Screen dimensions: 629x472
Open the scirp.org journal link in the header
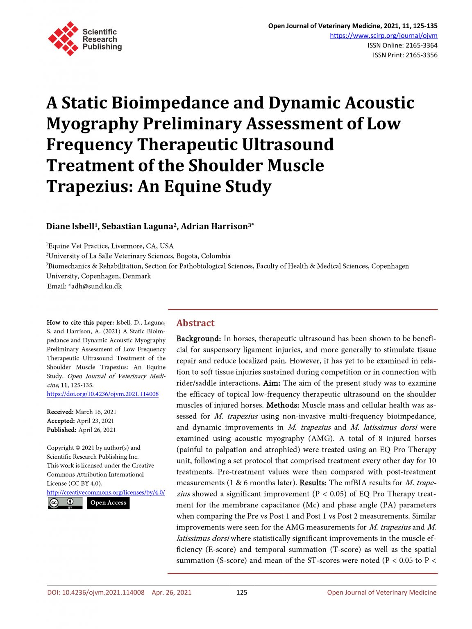[383, 36]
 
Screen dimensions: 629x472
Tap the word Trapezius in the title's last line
[88, 187]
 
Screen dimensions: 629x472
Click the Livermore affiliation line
[110, 246]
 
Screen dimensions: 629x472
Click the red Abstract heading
[195, 323]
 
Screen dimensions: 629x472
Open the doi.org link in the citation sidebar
[102, 394]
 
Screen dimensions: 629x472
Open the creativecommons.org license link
[106, 493]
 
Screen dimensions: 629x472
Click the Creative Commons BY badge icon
[65, 503]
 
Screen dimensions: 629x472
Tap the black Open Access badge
[108, 503]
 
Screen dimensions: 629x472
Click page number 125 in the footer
[242, 593]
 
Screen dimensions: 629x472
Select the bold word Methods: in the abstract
[283, 405]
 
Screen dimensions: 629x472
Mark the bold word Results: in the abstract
[313, 483]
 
